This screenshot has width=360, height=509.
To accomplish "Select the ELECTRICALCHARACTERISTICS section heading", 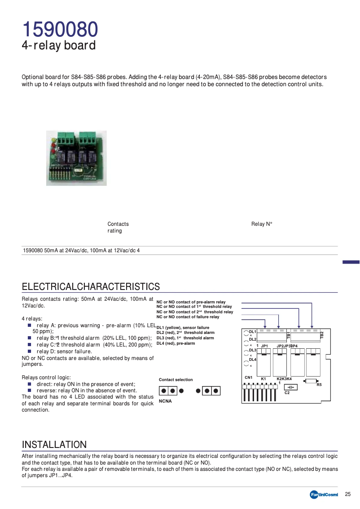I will click(91, 286).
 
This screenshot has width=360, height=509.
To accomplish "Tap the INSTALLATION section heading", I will click(54, 444).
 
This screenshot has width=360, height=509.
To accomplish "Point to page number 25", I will click(347, 494).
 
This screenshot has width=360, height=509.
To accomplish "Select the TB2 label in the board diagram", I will click(321, 334).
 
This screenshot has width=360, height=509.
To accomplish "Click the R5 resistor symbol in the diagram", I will click(311, 381).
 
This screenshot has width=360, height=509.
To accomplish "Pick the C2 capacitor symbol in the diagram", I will click(291, 387).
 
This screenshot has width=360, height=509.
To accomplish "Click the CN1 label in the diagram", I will click(248, 377).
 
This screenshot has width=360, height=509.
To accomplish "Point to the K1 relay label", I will click(263, 379).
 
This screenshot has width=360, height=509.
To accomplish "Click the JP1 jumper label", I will click(264, 346).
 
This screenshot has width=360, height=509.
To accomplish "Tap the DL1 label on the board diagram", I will click(252, 331).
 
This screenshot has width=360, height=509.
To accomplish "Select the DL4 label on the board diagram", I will click(252, 360).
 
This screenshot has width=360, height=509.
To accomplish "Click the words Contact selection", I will click(176, 380).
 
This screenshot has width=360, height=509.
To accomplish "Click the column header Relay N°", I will click(262, 224).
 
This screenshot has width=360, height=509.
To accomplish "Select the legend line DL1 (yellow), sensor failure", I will click(183, 328).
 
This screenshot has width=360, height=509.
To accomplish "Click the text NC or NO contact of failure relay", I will click(188, 317).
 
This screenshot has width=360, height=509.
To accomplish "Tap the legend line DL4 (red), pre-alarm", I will click(176, 343).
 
